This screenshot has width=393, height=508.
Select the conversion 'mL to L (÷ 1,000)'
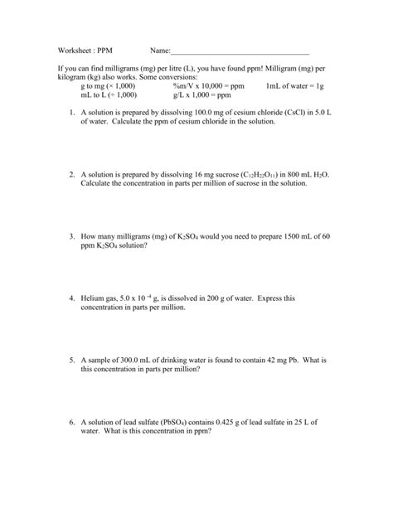[x=108, y=94]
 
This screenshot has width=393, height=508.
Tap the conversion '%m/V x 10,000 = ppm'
[x=209, y=85]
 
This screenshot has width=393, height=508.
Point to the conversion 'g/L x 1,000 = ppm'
[x=201, y=94]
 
